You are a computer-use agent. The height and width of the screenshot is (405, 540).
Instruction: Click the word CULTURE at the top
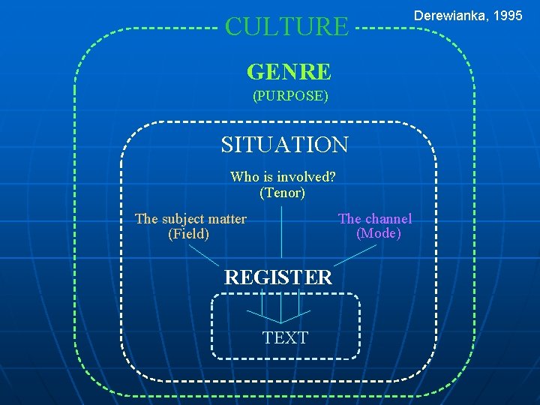[286, 27]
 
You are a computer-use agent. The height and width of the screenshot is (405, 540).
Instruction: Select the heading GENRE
[289, 72]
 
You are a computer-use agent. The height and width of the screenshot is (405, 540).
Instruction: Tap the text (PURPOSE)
[290, 96]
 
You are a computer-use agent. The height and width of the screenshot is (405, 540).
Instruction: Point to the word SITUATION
[284, 144]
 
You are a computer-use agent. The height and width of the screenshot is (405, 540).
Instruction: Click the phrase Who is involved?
[282, 177]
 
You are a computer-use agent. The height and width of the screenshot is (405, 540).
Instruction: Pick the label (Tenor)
[282, 193]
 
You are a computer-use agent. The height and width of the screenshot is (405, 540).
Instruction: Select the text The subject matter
[190, 219]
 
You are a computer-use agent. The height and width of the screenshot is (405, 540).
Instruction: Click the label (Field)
[189, 234]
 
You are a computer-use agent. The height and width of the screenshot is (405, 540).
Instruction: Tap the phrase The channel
[375, 218]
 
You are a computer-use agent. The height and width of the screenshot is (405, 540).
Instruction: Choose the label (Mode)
[379, 233]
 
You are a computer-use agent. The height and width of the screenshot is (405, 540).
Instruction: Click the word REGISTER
[277, 277]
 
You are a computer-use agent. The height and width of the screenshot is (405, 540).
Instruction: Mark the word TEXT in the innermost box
[285, 337]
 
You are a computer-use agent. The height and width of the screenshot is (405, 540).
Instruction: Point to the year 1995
[507, 16]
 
